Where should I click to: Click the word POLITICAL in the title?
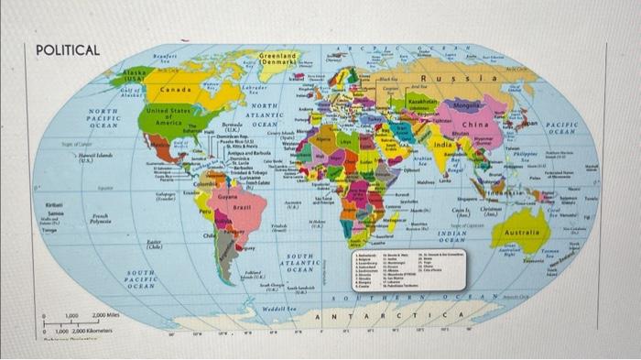66,49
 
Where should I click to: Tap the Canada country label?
174,91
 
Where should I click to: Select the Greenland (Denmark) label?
277,61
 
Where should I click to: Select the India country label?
442,146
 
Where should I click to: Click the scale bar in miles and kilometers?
82,321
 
